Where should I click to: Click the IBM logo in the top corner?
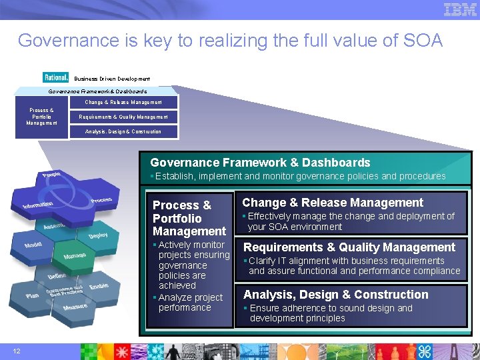[460, 9]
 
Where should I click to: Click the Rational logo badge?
[55, 78]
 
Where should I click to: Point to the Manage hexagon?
[75, 255]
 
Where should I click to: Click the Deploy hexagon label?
[97, 236]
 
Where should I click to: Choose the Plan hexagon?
[32, 295]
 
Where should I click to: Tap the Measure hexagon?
[75, 307]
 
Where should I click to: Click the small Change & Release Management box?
[123, 103]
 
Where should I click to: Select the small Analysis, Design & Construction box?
[123, 131]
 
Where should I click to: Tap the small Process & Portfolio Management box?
[42, 117]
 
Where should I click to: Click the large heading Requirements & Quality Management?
[349, 247]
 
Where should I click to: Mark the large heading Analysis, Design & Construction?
[335, 295]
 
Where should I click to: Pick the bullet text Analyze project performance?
[190, 302]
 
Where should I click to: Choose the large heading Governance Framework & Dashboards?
[260, 163]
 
